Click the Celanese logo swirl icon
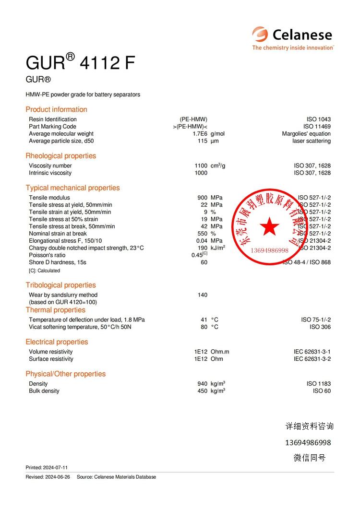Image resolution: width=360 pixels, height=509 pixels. click(260, 34)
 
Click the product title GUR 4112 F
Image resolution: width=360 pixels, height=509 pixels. click(80, 63)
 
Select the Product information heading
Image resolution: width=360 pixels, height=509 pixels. click(56, 109)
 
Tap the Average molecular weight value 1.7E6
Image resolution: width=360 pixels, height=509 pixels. click(200, 134)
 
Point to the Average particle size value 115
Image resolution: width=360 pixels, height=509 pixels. click(202, 141)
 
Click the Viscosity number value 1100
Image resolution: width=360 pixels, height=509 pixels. click(201, 166)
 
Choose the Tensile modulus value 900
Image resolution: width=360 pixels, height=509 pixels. click(202, 198)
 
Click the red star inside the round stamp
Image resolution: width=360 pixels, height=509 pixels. click(269, 226)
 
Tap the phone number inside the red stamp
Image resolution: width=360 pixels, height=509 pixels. click(270, 250)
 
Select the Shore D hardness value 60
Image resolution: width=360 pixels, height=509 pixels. click(204, 262)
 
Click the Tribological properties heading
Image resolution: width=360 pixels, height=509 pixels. click(60, 285)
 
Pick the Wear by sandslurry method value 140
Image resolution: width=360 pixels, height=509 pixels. click(202, 295)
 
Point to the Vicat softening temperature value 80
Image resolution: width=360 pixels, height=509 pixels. click(204, 327)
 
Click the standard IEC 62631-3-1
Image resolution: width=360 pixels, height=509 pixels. click(312, 352)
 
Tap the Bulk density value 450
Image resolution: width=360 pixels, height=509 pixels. click(202, 391)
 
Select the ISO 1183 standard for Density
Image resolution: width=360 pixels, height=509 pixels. click(318, 384)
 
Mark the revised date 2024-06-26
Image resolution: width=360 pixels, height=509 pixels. click(57, 477)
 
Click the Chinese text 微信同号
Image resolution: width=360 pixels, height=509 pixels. click(309, 458)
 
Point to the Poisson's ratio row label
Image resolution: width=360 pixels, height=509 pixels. click(47, 255)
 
